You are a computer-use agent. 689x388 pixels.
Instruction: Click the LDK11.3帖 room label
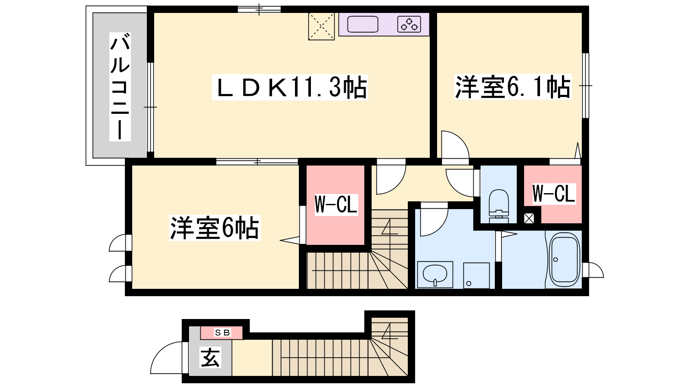pos(290,88)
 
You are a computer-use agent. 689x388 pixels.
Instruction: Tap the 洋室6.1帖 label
pos(513,87)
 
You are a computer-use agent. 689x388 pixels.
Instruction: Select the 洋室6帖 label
pos(215,228)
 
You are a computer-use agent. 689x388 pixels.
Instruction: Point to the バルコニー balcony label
pos(120,87)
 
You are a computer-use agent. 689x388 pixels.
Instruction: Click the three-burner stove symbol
pos(409,24)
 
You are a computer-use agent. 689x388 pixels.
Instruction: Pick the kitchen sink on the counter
pos(363,24)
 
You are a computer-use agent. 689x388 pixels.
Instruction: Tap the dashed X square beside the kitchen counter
pos(321,26)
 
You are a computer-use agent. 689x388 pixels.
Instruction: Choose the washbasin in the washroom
pos(435,274)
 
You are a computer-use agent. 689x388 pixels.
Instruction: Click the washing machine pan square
pos(476,275)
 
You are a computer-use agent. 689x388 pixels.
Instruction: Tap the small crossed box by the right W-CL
pos(529,219)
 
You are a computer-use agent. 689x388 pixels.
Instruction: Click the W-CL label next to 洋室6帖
pos(336,204)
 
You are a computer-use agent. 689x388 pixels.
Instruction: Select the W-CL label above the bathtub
pos(554,194)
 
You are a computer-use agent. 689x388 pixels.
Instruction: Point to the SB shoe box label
pos(222,332)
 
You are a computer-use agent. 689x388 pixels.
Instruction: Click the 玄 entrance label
pos(211,357)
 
